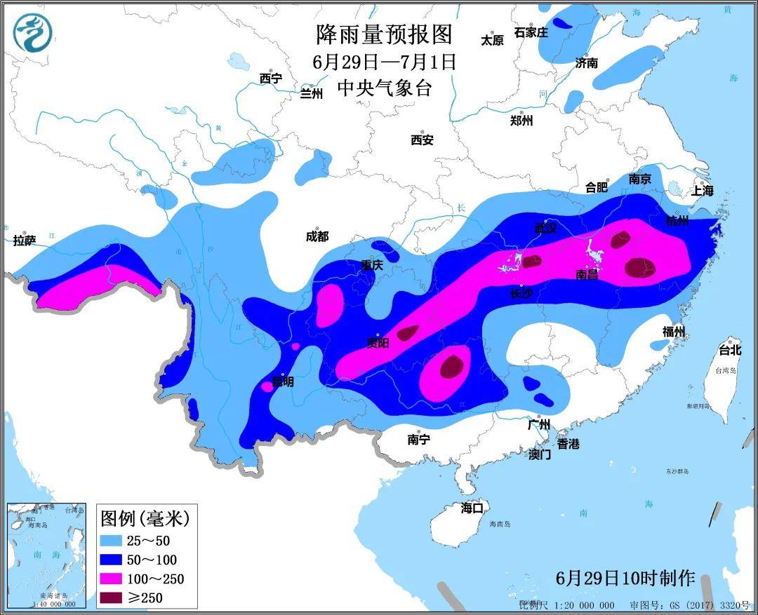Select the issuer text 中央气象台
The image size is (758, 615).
pos(384,88)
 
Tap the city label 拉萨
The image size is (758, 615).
pos(24,241)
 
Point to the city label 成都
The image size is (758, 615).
pos(317,237)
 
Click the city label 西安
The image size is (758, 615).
pos(422,140)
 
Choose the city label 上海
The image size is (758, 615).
pos(702,190)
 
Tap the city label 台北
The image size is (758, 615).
pos(729,350)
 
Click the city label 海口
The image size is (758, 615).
pos(472,508)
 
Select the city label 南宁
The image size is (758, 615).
pos(418,440)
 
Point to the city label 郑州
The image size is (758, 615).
pos(521,121)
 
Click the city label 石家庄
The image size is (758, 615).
pos(531,32)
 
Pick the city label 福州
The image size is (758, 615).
pos(673,332)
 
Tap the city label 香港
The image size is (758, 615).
pos(568,444)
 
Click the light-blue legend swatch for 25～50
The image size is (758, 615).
pos(114,541)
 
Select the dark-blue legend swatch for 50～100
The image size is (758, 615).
pos(114,560)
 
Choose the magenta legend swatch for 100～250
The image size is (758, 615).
pos(114,579)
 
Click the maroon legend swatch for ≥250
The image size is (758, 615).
pos(114,597)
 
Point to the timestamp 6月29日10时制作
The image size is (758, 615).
pos(625,579)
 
